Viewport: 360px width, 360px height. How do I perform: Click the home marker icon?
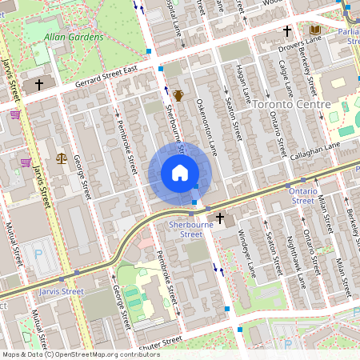[180, 173]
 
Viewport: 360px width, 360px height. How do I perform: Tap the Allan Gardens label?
[74, 37]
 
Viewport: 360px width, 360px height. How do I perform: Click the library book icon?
[315, 30]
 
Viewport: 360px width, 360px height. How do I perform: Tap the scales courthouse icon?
[62, 158]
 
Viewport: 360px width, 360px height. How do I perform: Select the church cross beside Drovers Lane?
[286, 31]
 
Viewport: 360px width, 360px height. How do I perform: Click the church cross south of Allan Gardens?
[38, 84]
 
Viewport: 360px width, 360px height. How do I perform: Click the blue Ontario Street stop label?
[303, 196]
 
